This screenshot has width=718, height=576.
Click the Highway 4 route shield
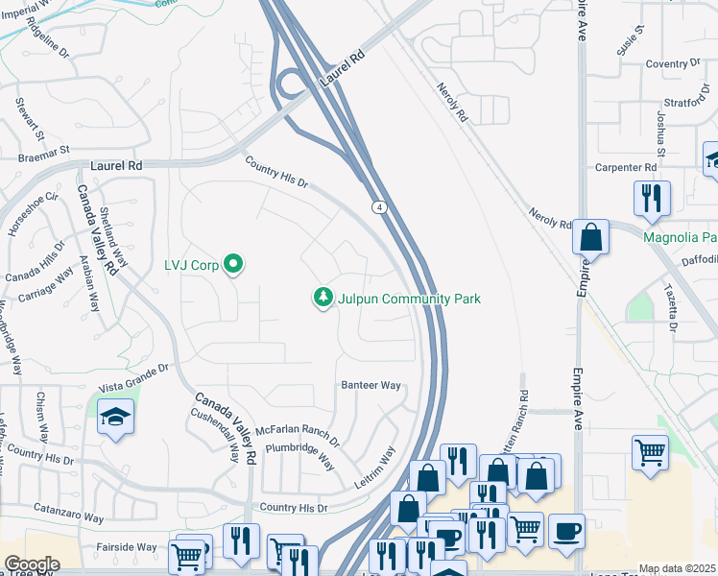tap(380, 206)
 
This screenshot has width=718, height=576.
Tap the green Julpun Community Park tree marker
tap(323, 299)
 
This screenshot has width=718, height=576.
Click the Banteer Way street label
tap(371, 385)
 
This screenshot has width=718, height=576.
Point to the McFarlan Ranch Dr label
tap(295, 430)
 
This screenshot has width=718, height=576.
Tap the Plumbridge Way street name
tap(299, 454)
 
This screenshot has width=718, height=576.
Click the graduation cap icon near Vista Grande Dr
tap(116, 418)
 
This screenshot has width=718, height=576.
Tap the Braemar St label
tap(46, 151)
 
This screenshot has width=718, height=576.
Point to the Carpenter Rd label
tap(624, 167)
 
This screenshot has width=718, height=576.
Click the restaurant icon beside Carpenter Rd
tap(652, 198)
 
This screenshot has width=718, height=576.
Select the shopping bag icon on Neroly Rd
tap(591, 235)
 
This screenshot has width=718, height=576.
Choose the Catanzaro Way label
tap(69, 517)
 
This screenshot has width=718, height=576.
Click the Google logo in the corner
tap(32, 564)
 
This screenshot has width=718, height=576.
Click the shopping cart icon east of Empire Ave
tap(651, 450)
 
